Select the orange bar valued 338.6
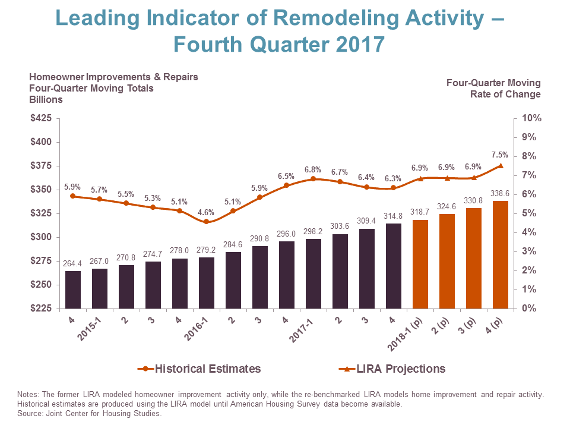[501, 255]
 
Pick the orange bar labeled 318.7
[420, 265]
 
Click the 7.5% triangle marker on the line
[501, 166]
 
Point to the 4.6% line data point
[207, 222]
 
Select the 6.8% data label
[313, 170]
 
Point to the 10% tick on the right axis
[530, 118]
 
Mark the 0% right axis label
[528, 309]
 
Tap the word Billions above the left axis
[46, 99]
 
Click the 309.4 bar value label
[366, 221]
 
